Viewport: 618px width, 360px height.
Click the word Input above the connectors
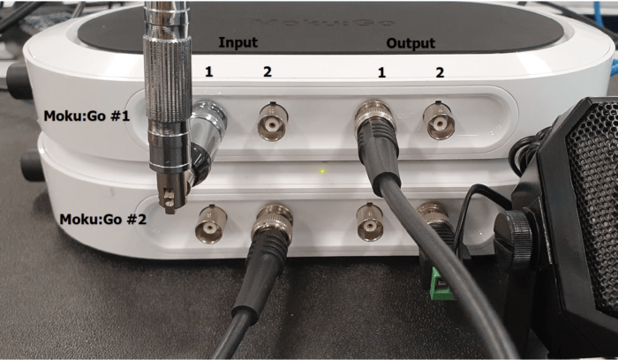(237, 42)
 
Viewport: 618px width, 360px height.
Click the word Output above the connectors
(411, 42)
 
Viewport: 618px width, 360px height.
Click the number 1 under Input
(209, 71)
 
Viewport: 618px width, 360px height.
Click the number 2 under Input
(268, 71)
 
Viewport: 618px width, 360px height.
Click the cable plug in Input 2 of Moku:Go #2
(273, 228)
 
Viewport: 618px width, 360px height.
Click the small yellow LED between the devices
(323, 170)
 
